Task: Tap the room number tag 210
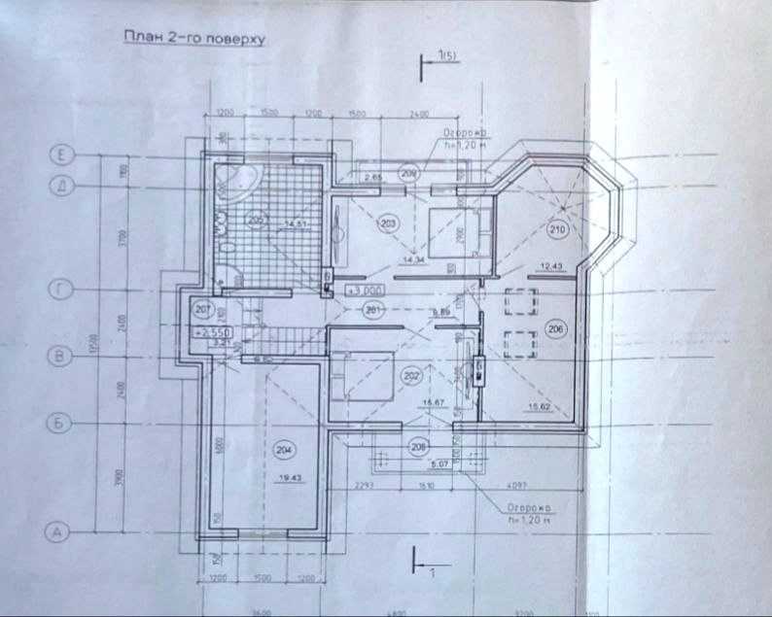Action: [x=557, y=230]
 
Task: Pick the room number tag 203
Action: [x=389, y=224]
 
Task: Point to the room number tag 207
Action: [x=202, y=311]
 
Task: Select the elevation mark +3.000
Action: [x=347, y=291]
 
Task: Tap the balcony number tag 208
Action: [x=419, y=448]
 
